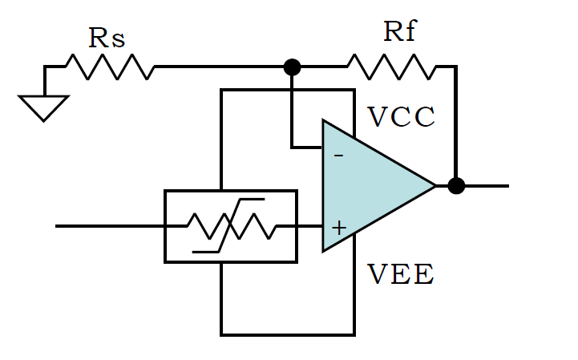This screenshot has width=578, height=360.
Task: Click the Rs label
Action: [107, 38]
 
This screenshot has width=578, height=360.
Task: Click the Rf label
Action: [400, 31]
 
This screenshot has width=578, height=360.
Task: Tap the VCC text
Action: [401, 117]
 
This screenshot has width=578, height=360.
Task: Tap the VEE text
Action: [401, 274]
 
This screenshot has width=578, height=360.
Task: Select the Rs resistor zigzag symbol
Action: [110, 67]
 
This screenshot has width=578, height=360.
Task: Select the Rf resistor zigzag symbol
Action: [391, 67]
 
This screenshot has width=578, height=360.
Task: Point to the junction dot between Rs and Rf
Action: [292, 67]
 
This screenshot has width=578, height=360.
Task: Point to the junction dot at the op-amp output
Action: [456, 185]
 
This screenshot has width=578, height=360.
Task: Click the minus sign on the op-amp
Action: [339, 156]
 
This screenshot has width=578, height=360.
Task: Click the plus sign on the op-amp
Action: [339, 228]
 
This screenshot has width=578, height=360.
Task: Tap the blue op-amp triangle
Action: [369, 185]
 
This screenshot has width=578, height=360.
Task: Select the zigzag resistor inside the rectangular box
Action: [232, 226]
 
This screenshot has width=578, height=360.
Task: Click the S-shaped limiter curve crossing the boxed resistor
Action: [228, 226]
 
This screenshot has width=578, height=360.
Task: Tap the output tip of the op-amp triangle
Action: [436, 185]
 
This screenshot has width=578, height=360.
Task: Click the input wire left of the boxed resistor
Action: [110, 226]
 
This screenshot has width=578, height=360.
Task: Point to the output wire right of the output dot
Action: [487, 186]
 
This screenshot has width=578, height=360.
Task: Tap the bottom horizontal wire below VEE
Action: [288, 334]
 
